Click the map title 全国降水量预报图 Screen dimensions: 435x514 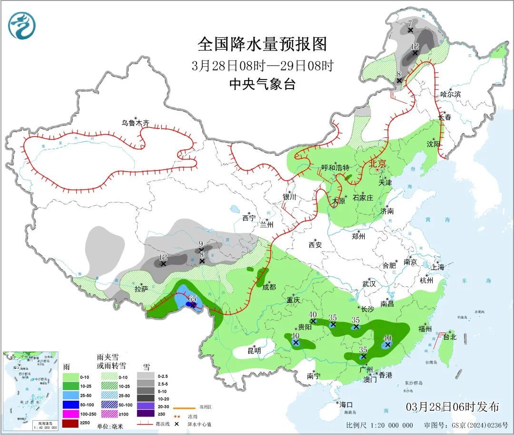coord(262,44)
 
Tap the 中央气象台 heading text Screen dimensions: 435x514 coord(262,84)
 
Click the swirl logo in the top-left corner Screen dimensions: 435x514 coord(22,25)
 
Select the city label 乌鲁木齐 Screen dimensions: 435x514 coord(135,123)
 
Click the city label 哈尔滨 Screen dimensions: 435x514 coord(450,94)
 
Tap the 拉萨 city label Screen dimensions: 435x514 coord(141,288)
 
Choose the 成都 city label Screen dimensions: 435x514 coord(269,286)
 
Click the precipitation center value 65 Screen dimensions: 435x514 coord(192,298)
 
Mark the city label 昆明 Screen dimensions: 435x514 coord(254,350)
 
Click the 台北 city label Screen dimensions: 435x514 coord(449,337)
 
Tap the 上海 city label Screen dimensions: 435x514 coord(437,267)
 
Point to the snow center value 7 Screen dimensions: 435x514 coord(410,23)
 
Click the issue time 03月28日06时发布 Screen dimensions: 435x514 coord(453,406)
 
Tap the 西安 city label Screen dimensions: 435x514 coord(315,245)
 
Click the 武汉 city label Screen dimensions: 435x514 coord(369,283)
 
